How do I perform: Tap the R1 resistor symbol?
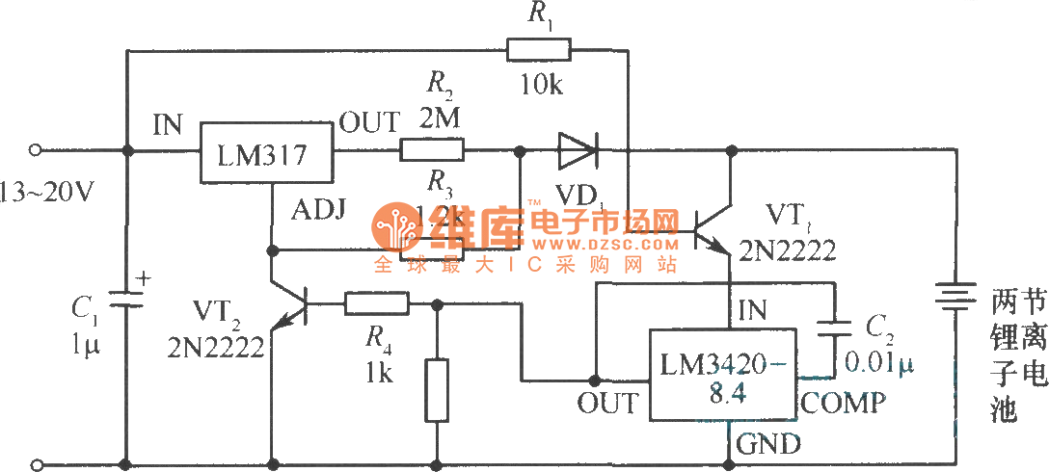(x=539, y=49)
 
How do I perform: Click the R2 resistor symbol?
(x=432, y=150)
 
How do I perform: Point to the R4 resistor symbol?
(x=377, y=305)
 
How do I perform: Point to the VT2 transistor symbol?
(x=290, y=306)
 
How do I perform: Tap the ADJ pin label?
(x=313, y=208)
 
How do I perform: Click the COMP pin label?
(x=843, y=403)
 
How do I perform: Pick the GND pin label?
(x=768, y=444)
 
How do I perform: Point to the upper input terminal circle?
(x=36, y=150)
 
